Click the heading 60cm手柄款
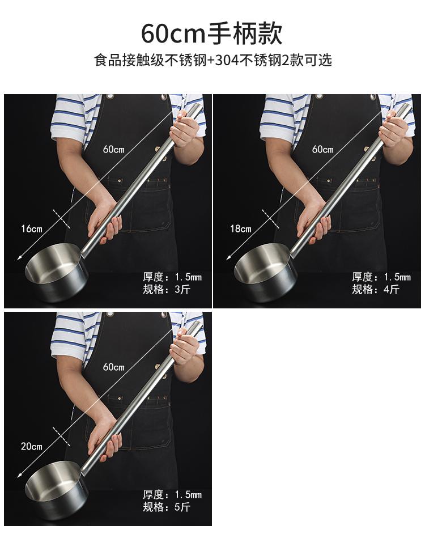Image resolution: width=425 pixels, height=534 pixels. [x=212, y=33]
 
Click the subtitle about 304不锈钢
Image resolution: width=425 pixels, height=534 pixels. [x=213, y=60]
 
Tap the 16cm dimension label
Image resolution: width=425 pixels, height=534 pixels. [x=32, y=228]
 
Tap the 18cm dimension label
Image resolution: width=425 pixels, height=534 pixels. [x=241, y=228]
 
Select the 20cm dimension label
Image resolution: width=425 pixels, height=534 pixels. [x=32, y=446]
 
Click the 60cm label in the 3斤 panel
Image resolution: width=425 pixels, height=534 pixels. [x=114, y=149]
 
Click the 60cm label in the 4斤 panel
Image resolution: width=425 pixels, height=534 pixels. [x=323, y=149]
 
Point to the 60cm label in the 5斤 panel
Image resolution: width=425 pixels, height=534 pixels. [x=114, y=367]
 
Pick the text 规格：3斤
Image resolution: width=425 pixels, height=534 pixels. [x=167, y=290]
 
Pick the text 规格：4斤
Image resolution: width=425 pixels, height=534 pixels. [x=376, y=290]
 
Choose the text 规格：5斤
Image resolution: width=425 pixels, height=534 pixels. [x=167, y=507]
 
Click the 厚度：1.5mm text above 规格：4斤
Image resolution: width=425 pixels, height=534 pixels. [x=381, y=277]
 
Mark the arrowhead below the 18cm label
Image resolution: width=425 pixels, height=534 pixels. [x=228, y=258]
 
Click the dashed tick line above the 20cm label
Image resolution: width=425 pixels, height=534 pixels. [x=62, y=436]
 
